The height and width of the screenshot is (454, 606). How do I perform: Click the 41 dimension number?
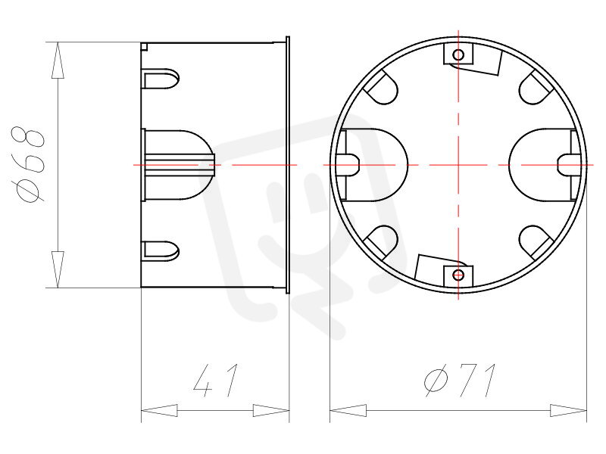click(216, 381)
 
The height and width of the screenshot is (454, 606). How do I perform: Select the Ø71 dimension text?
click(460, 381)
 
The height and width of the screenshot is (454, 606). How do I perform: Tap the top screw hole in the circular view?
click(458, 54)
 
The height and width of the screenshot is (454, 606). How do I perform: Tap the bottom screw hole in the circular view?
click(458, 275)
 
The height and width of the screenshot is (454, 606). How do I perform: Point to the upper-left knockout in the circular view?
click(381, 87)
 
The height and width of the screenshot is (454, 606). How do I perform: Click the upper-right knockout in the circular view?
click(536, 87)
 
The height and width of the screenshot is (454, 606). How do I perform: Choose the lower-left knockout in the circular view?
click(381, 242)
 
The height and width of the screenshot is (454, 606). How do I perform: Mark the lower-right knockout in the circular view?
click(536, 242)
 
